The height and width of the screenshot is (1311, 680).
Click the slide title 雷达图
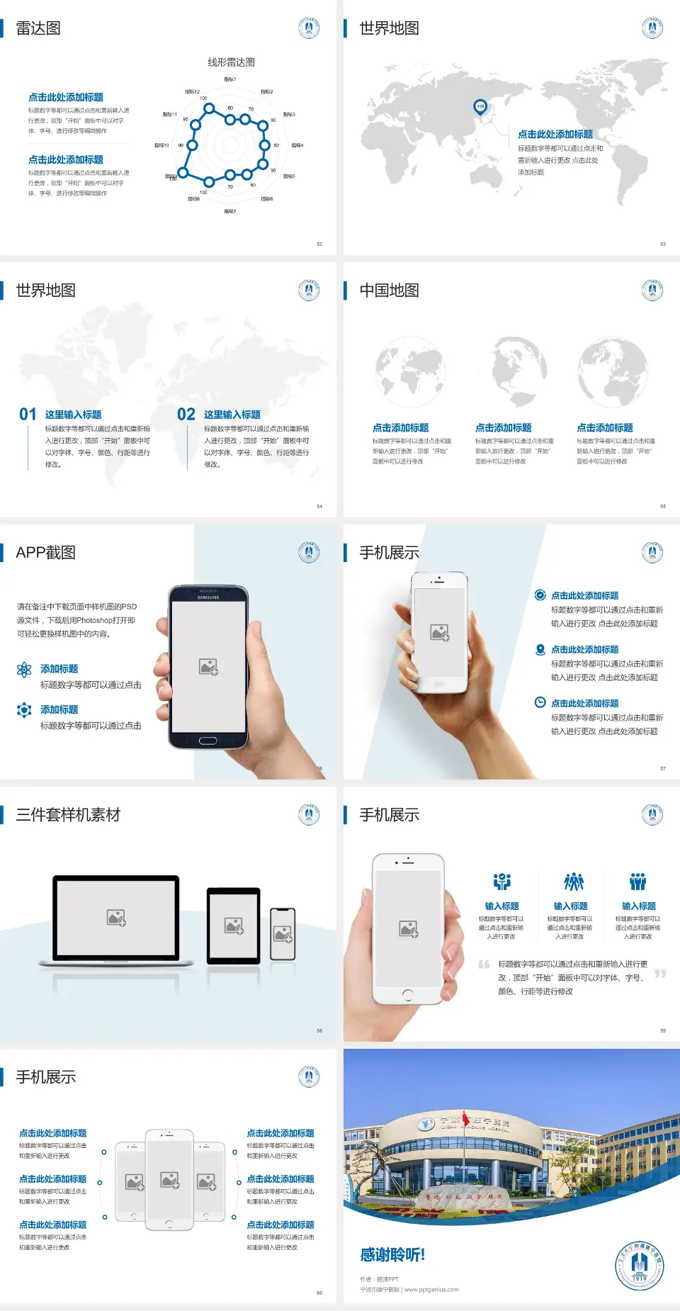point(38,28)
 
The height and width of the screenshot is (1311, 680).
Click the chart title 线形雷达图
point(231,62)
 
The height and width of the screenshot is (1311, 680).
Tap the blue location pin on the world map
point(480,107)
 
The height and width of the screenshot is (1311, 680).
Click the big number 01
point(28,415)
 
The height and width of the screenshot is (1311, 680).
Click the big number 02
point(186,415)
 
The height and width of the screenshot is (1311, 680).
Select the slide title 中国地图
point(389,291)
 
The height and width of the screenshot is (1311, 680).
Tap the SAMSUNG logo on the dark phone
point(208,597)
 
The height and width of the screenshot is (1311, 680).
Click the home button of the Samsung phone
point(208,741)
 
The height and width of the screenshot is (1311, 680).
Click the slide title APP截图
point(45,553)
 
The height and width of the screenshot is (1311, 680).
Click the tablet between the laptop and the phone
point(234,925)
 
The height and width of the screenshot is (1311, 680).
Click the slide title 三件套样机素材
point(68,815)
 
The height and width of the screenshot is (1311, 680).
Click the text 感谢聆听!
point(392,1255)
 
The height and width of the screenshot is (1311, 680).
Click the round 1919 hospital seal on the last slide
point(639,1266)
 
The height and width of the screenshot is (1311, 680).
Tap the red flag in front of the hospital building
point(466,1120)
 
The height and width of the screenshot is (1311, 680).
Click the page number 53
point(663,244)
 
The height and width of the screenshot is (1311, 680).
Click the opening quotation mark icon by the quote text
point(484,964)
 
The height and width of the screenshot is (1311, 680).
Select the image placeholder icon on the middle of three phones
point(169,1180)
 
